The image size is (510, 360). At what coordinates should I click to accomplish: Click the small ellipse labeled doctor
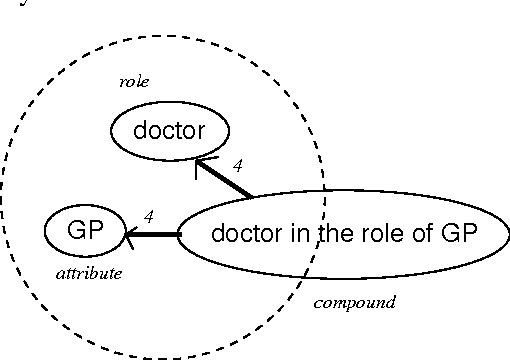[x=169, y=130]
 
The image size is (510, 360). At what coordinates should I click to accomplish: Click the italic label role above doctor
[x=134, y=81]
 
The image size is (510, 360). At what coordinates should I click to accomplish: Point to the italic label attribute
[x=88, y=273]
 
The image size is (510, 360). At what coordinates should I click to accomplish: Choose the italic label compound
[x=354, y=302]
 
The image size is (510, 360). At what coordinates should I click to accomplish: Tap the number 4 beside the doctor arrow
[x=237, y=164]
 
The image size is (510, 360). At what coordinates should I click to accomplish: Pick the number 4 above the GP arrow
[x=148, y=215]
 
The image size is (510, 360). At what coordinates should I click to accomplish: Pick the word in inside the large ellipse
[x=295, y=234]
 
